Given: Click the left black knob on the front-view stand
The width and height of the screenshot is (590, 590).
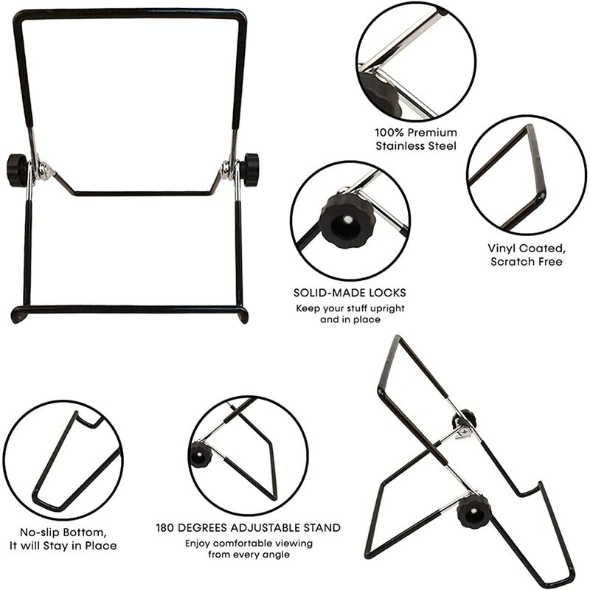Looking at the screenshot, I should pos(16,170).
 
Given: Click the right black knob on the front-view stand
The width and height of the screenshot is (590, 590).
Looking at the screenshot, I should pos(250,170).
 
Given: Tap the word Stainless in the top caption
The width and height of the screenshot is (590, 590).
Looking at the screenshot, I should pos(399,146).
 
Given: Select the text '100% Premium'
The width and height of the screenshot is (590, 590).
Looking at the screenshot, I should pos(416,132).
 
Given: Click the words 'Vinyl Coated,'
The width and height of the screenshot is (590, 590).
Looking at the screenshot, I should pos(524,249).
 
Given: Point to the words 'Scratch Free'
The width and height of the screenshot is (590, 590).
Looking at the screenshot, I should pos(524,262).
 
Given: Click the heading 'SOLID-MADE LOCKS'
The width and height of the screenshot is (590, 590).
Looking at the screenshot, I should pos(350,293).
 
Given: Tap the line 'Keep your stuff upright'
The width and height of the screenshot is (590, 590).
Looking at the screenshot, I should pos(350,308).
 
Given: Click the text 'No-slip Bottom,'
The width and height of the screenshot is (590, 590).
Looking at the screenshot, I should pos(63,532).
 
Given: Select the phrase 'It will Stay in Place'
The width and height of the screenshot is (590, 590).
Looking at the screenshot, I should pos(63,546).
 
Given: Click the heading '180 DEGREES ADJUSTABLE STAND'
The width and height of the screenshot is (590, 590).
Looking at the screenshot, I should pos(248,528).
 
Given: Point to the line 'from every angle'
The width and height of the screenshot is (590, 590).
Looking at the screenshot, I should pos(248,555).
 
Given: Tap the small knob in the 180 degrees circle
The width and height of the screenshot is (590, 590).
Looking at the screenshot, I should pos(201,455).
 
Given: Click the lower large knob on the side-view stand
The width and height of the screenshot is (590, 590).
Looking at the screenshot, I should pos(473,510).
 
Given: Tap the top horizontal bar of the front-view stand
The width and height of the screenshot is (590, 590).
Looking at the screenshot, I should pos(129,13).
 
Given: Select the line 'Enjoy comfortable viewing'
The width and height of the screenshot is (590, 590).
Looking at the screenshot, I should pos(248,544).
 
